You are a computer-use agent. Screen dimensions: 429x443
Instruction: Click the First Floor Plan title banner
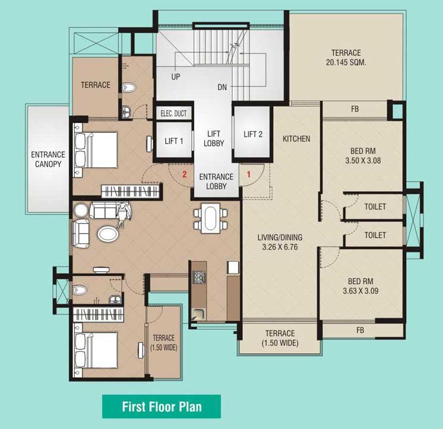[162, 407]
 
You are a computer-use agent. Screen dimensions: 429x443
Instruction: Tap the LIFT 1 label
[174, 141]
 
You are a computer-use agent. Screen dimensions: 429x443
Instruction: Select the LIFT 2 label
[253, 134]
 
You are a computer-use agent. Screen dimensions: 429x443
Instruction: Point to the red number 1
[249, 174]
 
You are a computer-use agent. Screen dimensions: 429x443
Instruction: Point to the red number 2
[185, 174]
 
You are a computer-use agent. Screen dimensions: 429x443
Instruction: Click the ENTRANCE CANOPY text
[48, 160]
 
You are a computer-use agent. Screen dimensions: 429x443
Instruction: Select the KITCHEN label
[296, 139]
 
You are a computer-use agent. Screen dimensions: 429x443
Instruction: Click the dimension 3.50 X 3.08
[361, 160]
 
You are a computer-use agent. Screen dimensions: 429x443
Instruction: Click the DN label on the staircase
[222, 87]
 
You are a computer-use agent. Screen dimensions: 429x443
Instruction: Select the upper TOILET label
[375, 207]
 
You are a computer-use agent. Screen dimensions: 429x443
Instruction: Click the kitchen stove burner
[199, 277]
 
